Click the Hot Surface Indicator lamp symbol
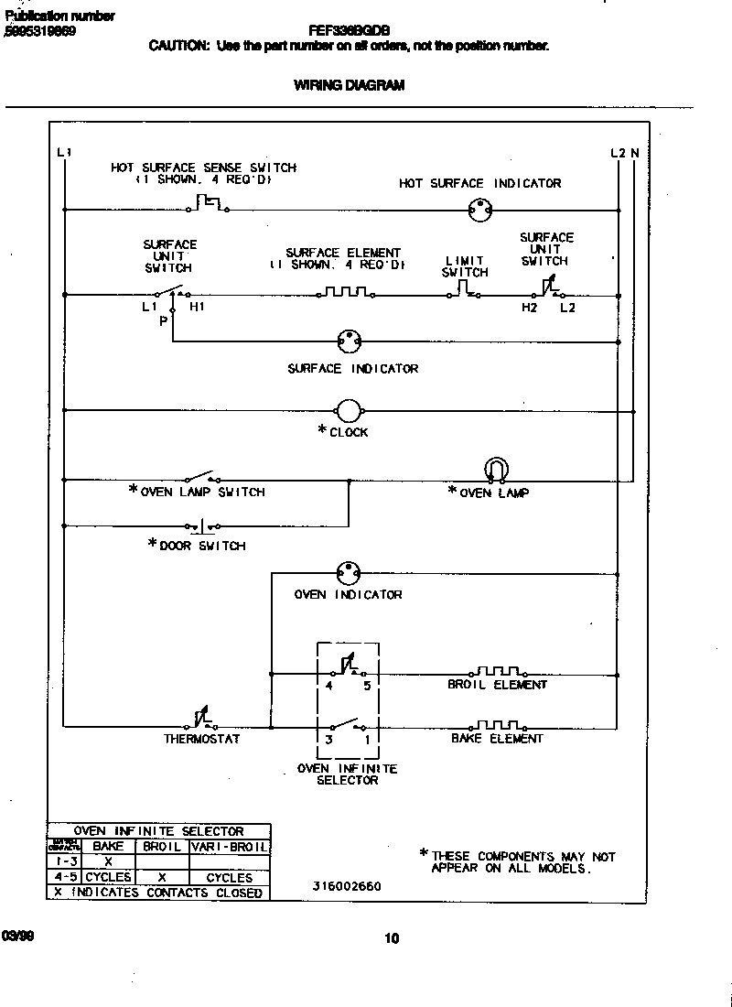475,210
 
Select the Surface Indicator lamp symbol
348,341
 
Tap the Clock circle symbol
349,411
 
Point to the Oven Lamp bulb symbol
494,470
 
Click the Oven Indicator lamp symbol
348,573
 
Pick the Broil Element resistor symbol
498,673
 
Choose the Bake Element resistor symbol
498,726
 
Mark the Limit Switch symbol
465,291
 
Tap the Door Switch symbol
203,526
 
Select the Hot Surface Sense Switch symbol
209,203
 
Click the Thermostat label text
201,739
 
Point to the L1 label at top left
63,152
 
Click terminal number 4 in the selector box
328,685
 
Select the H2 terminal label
529,308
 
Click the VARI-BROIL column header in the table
229,847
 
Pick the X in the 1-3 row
108,861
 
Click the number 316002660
347,886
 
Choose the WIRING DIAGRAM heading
349,85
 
